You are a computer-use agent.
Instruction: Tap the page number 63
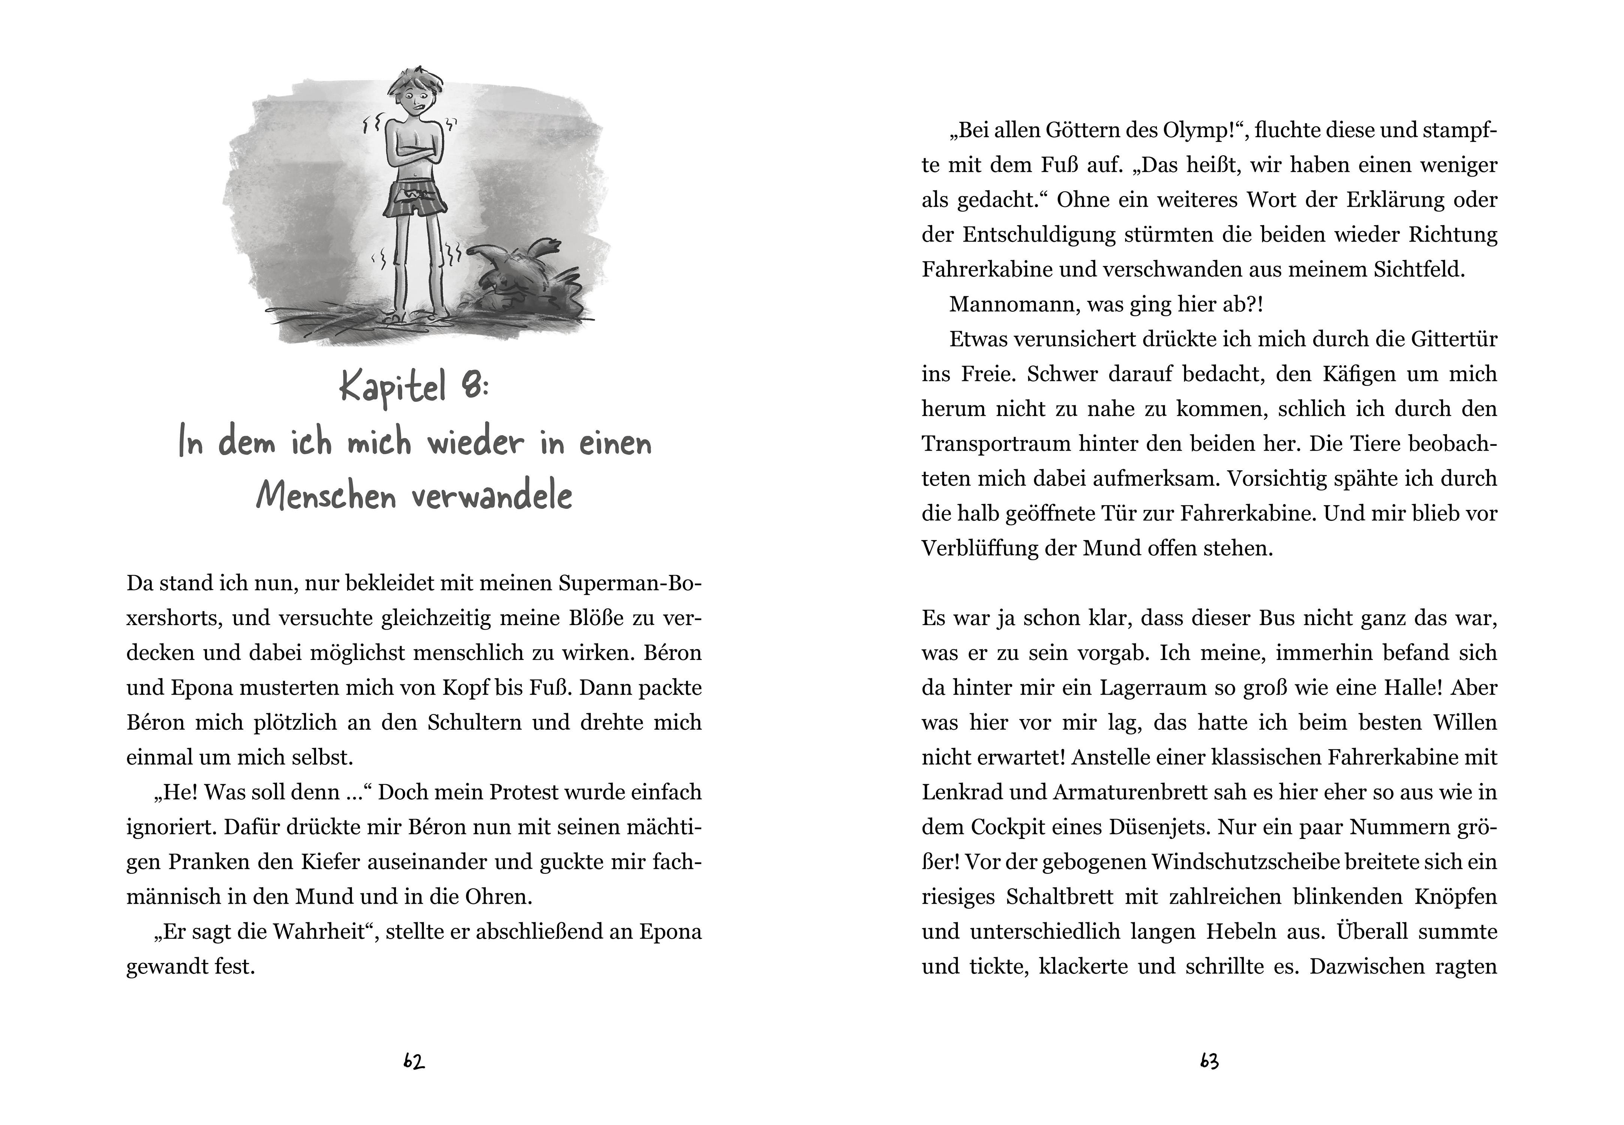[x=1209, y=1062]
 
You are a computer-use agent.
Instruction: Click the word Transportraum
[x=996, y=444]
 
